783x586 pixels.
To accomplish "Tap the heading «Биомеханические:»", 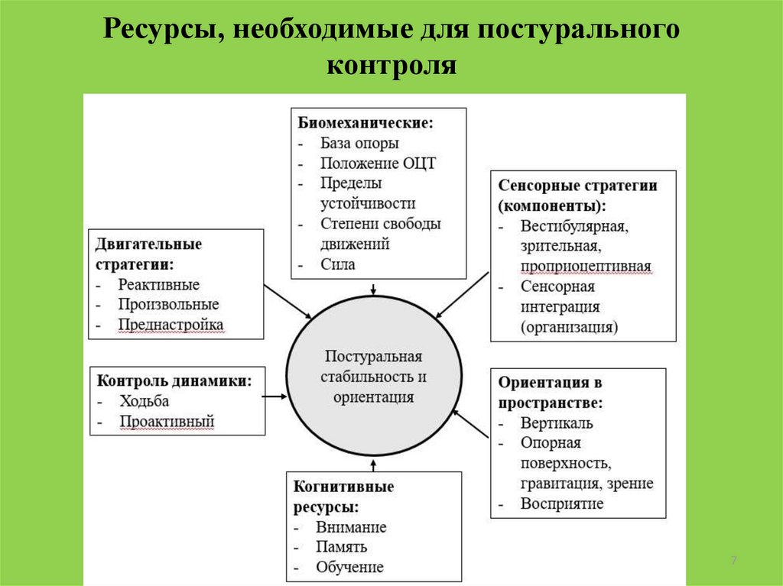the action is click(366, 122).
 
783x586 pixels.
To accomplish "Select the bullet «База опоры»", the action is click(360, 143).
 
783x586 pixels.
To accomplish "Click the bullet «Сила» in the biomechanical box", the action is click(338, 264).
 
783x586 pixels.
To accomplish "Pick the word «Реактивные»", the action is click(158, 284).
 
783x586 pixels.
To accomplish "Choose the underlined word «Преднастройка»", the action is click(171, 325).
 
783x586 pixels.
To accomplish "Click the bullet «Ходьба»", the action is click(144, 400).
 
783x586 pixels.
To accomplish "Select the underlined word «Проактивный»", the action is click(167, 421).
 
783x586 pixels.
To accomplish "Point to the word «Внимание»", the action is click(351, 527).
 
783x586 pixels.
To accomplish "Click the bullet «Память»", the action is click(341, 547).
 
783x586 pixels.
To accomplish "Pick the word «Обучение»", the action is click(349, 568).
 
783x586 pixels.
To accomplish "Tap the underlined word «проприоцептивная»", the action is click(586, 267).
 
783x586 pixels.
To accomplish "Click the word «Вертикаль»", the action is click(557, 423).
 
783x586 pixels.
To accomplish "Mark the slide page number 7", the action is click(733, 562).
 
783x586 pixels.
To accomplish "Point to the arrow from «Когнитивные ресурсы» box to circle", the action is click(374, 464).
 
